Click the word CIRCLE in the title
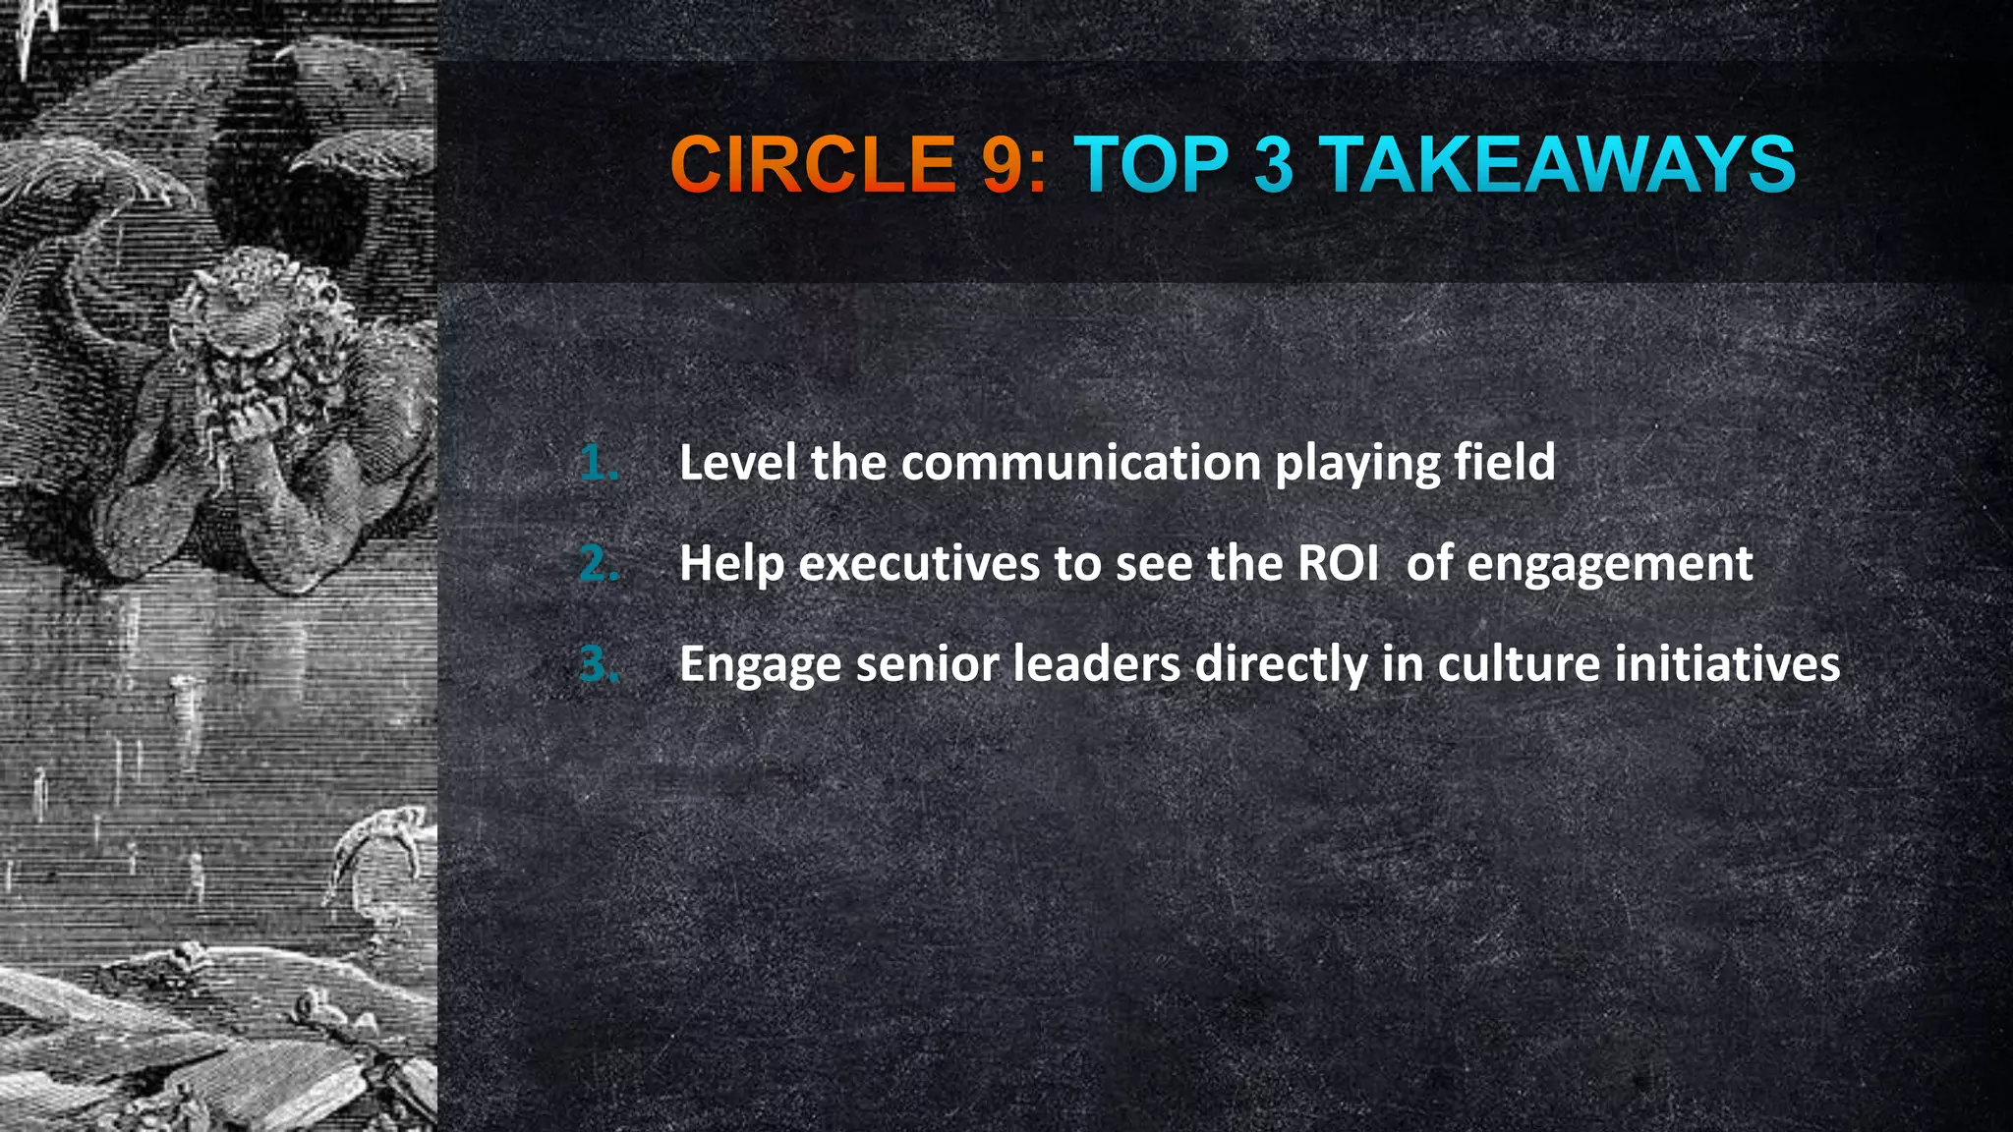pyautogui.click(x=812, y=164)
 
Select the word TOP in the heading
pyautogui.click(x=1151, y=164)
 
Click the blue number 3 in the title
pyautogui.click(x=1274, y=164)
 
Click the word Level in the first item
pyautogui.click(x=736, y=463)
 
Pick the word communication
pyautogui.click(x=1081, y=463)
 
